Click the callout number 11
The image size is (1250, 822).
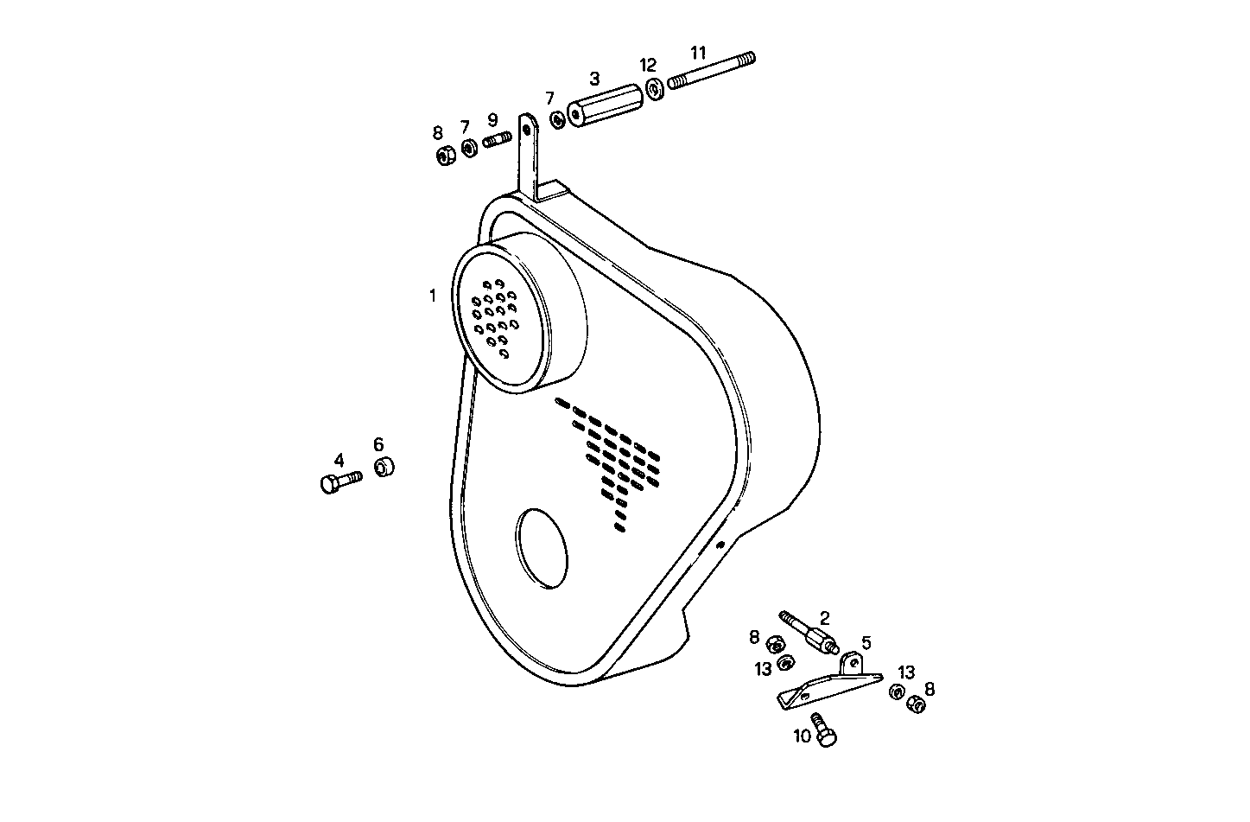click(699, 53)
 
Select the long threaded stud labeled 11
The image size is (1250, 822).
click(712, 71)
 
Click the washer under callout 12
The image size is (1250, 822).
click(655, 87)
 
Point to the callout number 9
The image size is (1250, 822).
click(492, 119)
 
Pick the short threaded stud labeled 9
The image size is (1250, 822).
click(498, 140)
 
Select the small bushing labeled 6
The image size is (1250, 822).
click(384, 468)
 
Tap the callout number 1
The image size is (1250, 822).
click(433, 296)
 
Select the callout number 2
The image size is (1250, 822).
click(825, 617)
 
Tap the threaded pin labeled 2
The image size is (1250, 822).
click(808, 634)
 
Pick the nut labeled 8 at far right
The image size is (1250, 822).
click(917, 704)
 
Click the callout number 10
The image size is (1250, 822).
click(803, 736)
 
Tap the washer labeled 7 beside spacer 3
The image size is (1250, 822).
click(556, 119)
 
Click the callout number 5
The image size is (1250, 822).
click(866, 642)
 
